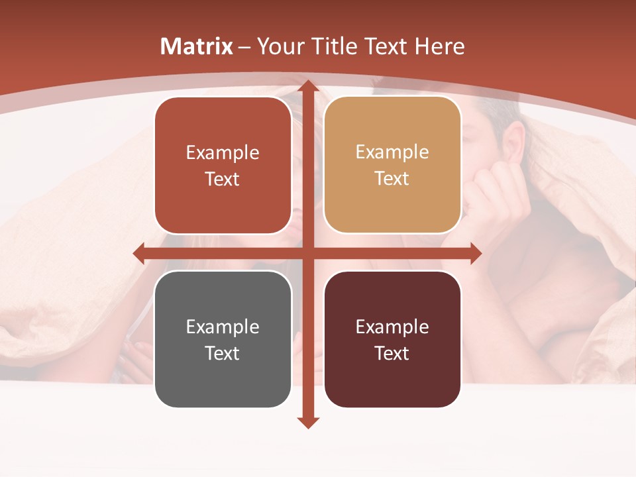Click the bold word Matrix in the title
[x=197, y=46]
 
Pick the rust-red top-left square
[x=223, y=166]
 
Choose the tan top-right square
[x=392, y=165]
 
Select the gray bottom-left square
[x=223, y=339]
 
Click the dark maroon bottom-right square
[x=392, y=339]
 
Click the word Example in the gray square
[x=223, y=327]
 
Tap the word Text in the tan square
[x=392, y=179]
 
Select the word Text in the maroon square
[x=392, y=353]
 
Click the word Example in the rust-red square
[x=223, y=152]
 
